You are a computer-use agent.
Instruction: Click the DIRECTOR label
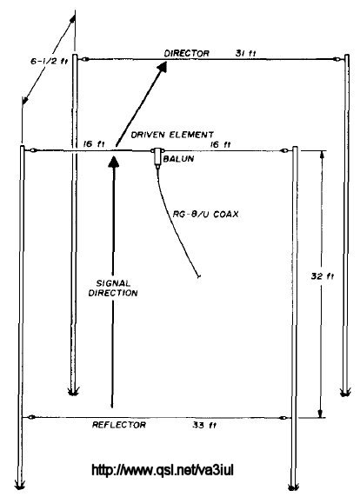tap(186, 53)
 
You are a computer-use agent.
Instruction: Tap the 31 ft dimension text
tap(245, 53)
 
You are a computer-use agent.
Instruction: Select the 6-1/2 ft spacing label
tap(50, 61)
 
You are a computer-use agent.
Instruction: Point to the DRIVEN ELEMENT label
tap(172, 135)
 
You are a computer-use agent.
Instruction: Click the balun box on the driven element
tap(157, 156)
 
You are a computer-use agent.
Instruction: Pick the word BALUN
tap(178, 158)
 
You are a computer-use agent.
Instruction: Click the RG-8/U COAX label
tap(205, 214)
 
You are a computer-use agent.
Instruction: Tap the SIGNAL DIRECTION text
tap(113, 288)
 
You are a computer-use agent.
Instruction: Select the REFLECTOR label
tap(119, 425)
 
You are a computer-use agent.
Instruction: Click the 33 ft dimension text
tap(204, 425)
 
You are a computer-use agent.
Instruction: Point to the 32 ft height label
tap(323, 276)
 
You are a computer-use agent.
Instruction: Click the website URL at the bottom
tap(163, 470)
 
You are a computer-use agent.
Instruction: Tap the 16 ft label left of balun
tap(94, 144)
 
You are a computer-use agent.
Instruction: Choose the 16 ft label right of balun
tap(221, 144)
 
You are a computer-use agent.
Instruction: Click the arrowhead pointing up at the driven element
tap(114, 161)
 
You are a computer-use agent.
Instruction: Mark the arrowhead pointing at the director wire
tap(162, 67)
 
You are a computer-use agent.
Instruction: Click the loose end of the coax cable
tap(199, 277)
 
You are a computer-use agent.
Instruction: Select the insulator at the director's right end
tap(337, 59)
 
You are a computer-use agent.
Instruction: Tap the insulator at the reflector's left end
tap(31, 417)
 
